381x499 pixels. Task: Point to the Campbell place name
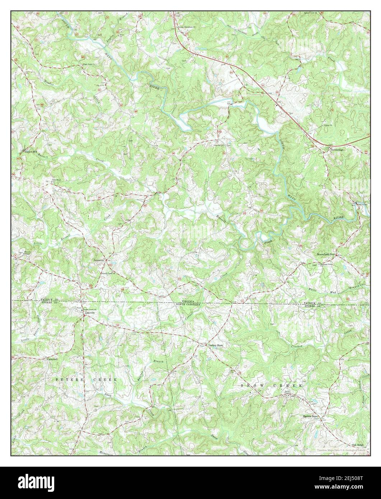(x=52, y=359)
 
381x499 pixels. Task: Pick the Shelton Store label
(x=310, y=417)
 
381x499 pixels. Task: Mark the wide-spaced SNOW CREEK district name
(x=272, y=385)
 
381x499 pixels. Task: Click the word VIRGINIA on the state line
(x=190, y=301)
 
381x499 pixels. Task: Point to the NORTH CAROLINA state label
(x=190, y=304)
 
